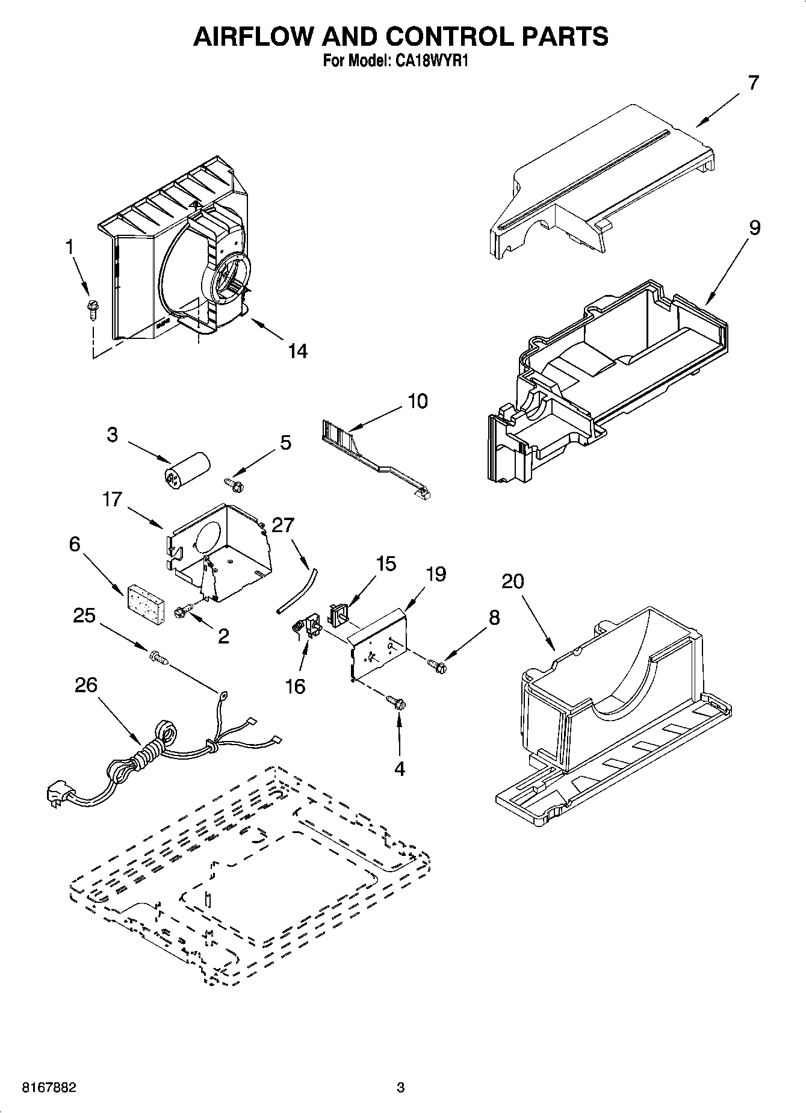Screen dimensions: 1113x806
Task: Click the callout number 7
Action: tap(754, 82)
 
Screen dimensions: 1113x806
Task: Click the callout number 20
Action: tap(512, 581)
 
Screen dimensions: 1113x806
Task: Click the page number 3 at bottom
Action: tap(400, 1088)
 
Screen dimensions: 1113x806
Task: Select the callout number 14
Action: tap(297, 351)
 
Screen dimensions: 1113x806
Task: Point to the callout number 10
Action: tap(417, 401)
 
